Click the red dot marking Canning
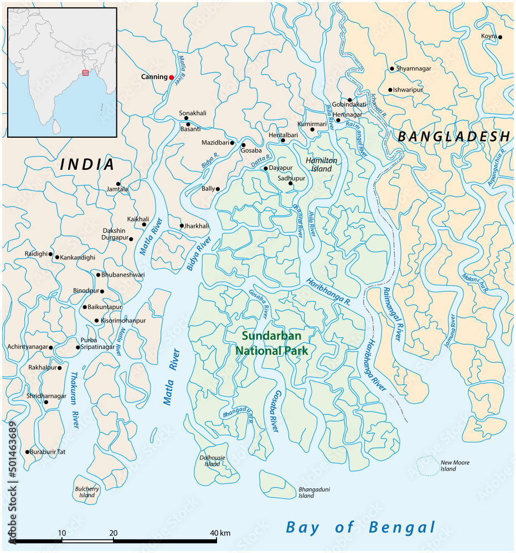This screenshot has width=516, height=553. coord(172,77)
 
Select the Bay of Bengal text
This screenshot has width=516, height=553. coord(360,527)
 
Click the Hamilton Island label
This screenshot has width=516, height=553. coord(321,164)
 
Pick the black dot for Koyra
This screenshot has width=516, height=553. coord(500,37)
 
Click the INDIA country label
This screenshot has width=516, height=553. coord(87,164)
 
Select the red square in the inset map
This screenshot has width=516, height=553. coord(85,72)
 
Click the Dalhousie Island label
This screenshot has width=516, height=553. coord(212,461)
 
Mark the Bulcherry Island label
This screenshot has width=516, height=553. coord(87,492)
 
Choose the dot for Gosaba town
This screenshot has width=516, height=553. coord(243,145)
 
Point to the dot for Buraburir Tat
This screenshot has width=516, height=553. coord(27,452)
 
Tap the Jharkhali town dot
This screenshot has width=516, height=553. coord(181,226)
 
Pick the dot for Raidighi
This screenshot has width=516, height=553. coord(51,254)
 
